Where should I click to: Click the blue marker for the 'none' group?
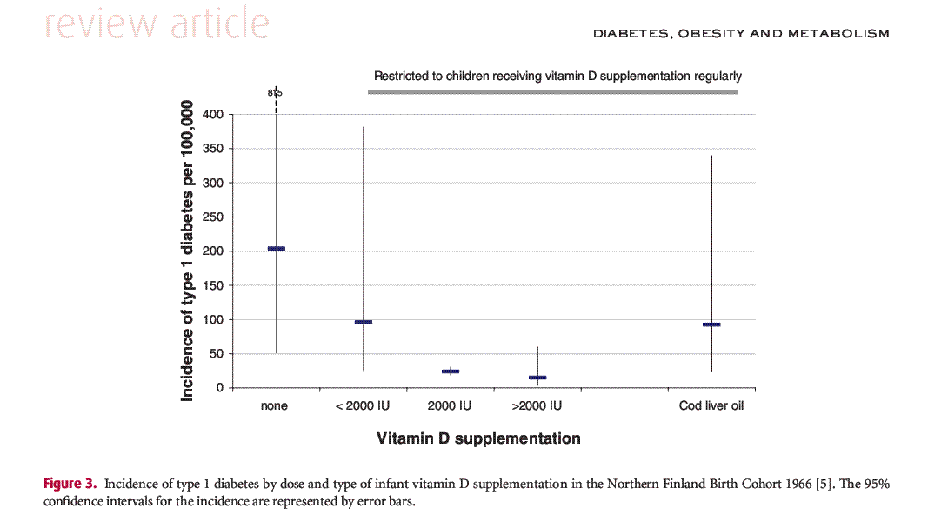pos(276,249)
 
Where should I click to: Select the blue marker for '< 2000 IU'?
pos(363,322)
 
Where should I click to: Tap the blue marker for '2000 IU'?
pos(450,371)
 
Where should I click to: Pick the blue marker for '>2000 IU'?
pos(537,378)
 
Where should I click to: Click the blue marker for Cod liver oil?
pos(711,324)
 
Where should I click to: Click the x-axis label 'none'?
pos(275,406)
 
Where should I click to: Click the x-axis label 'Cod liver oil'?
pos(711,406)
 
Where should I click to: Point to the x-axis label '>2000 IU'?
pos(537,406)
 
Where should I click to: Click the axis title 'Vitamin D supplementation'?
pos(478,438)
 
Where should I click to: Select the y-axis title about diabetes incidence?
pos(187,251)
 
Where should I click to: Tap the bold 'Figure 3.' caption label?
pos(70,484)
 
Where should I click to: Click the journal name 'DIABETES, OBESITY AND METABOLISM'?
pos(741,34)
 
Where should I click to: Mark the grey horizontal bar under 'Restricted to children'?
pos(554,92)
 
